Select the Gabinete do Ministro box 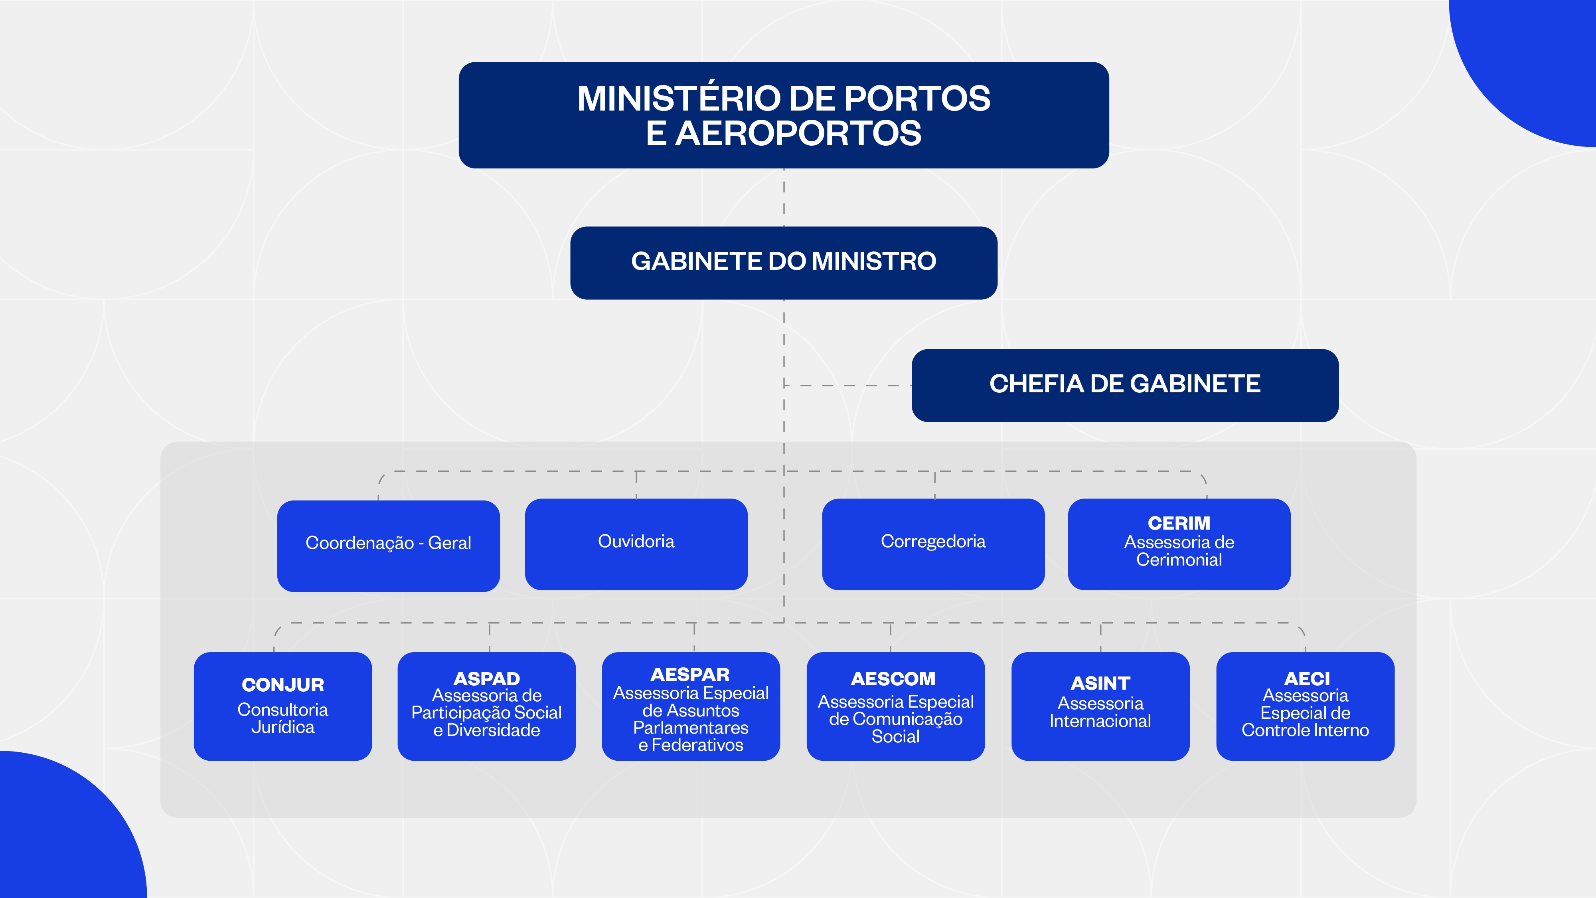(783, 262)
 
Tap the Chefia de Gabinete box (1124, 385)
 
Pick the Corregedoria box (933, 544)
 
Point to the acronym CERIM (1178, 523)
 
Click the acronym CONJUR (282, 685)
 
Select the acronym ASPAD (486, 678)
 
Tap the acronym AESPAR (690, 674)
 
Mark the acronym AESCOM (893, 678)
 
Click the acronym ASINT (1100, 683)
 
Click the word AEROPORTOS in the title (798, 134)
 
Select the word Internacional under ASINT (1100, 721)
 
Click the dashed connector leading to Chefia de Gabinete (849, 386)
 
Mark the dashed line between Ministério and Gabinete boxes (784, 197)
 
